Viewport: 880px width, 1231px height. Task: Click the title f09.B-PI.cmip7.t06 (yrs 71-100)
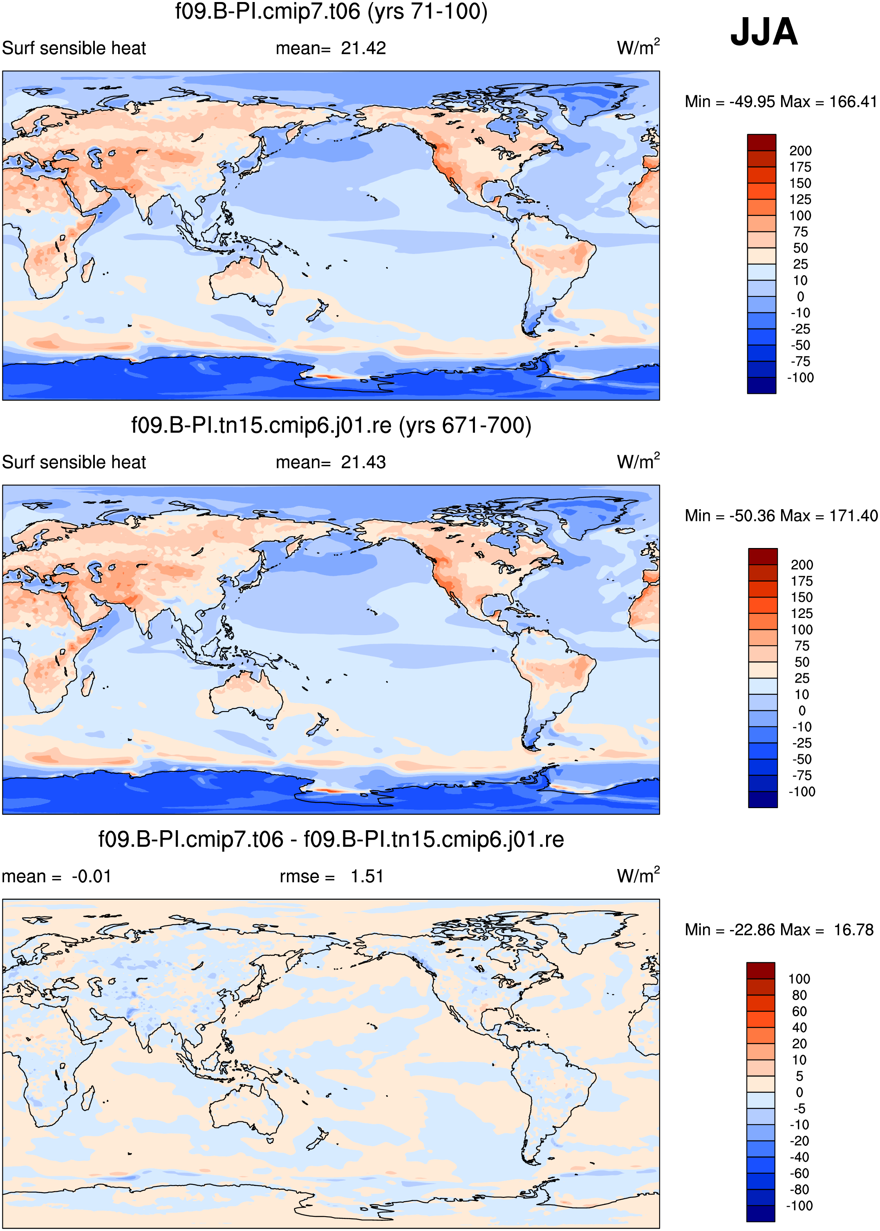click(331, 11)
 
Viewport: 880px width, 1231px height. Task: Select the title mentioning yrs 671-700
click(331, 425)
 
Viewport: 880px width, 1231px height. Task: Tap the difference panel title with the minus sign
click(331, 840)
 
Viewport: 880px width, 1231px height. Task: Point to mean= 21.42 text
click(331, 48)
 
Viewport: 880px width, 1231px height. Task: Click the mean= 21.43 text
click(331, 463)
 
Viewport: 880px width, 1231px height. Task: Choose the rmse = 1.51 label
click(331, 876)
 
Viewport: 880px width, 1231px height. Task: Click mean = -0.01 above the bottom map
click(56, 876)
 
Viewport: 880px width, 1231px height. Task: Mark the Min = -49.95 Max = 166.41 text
click(781, 101)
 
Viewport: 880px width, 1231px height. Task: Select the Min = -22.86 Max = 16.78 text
click(779, 930)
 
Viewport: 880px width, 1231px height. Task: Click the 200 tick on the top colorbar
click(800, 151)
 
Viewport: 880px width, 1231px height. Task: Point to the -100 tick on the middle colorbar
click(802, 791)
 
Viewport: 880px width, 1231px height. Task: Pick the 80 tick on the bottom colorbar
click(799, 995)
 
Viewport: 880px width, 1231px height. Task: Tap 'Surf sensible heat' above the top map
click(74, 48)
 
